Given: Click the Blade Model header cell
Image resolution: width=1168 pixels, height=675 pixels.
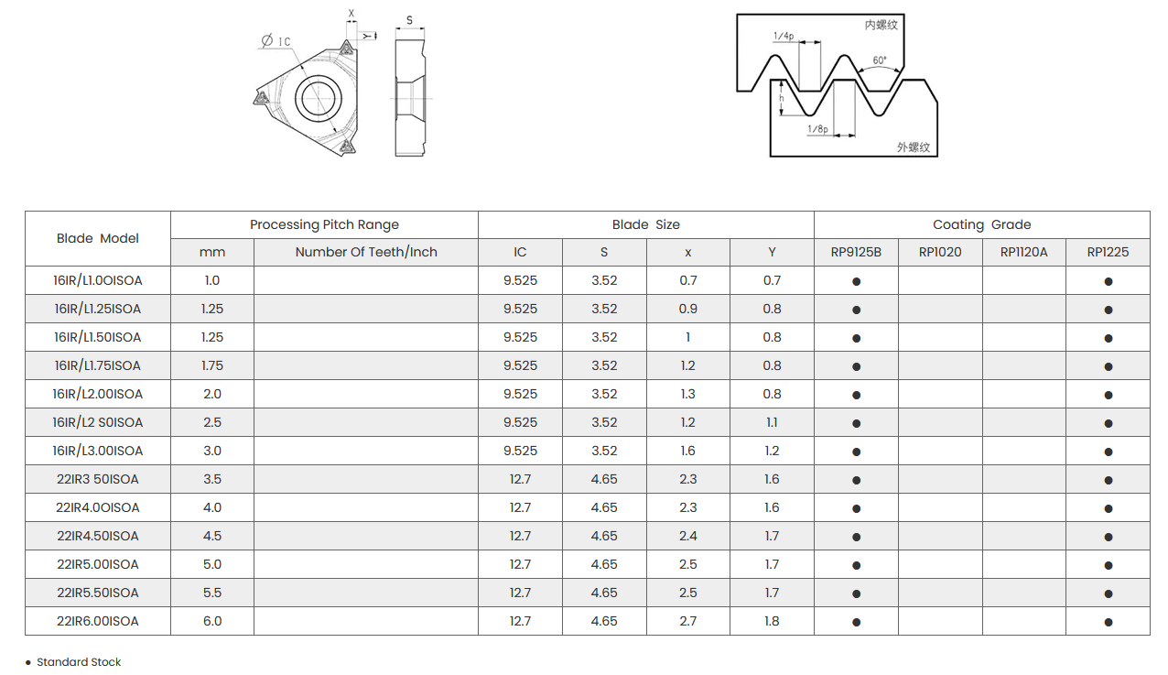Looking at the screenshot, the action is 98,238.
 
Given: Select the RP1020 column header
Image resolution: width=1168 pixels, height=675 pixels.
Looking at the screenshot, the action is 939,253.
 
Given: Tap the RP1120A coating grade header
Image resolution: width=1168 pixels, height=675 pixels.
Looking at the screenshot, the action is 1023,253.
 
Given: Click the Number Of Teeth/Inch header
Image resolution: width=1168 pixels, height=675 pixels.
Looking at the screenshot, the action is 366,253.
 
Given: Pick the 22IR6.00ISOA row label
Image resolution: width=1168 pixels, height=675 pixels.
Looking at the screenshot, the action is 98,621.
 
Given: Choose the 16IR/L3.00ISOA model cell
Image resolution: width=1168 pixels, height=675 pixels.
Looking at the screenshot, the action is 98,451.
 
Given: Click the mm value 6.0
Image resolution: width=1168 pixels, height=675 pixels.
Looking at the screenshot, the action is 212,621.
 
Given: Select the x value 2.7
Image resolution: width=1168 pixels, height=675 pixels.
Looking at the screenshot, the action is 687,621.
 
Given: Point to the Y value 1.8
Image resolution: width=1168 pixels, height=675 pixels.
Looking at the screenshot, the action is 772,621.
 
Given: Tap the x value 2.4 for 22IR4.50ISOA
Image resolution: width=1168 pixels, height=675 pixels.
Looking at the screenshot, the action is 687,536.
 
